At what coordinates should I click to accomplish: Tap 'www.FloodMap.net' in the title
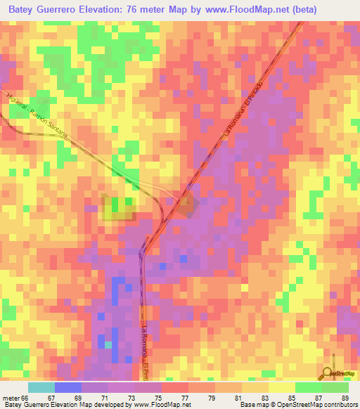(x=242, y=10)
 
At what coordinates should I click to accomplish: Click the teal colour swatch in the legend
(x=41, y=387)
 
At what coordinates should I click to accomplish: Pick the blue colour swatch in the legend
(x=68, y=387)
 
